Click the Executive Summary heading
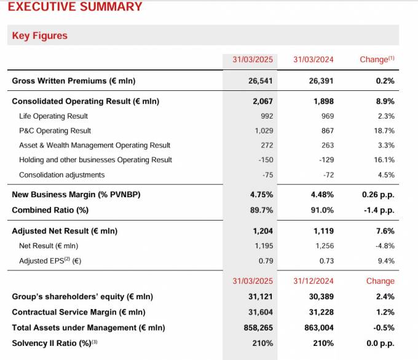74,7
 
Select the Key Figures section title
40,36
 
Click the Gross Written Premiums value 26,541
260,81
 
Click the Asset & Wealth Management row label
95,146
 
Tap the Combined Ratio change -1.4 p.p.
378,210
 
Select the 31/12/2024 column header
313,281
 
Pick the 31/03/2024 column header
313,60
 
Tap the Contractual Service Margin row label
79,312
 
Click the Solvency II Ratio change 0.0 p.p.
381,343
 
